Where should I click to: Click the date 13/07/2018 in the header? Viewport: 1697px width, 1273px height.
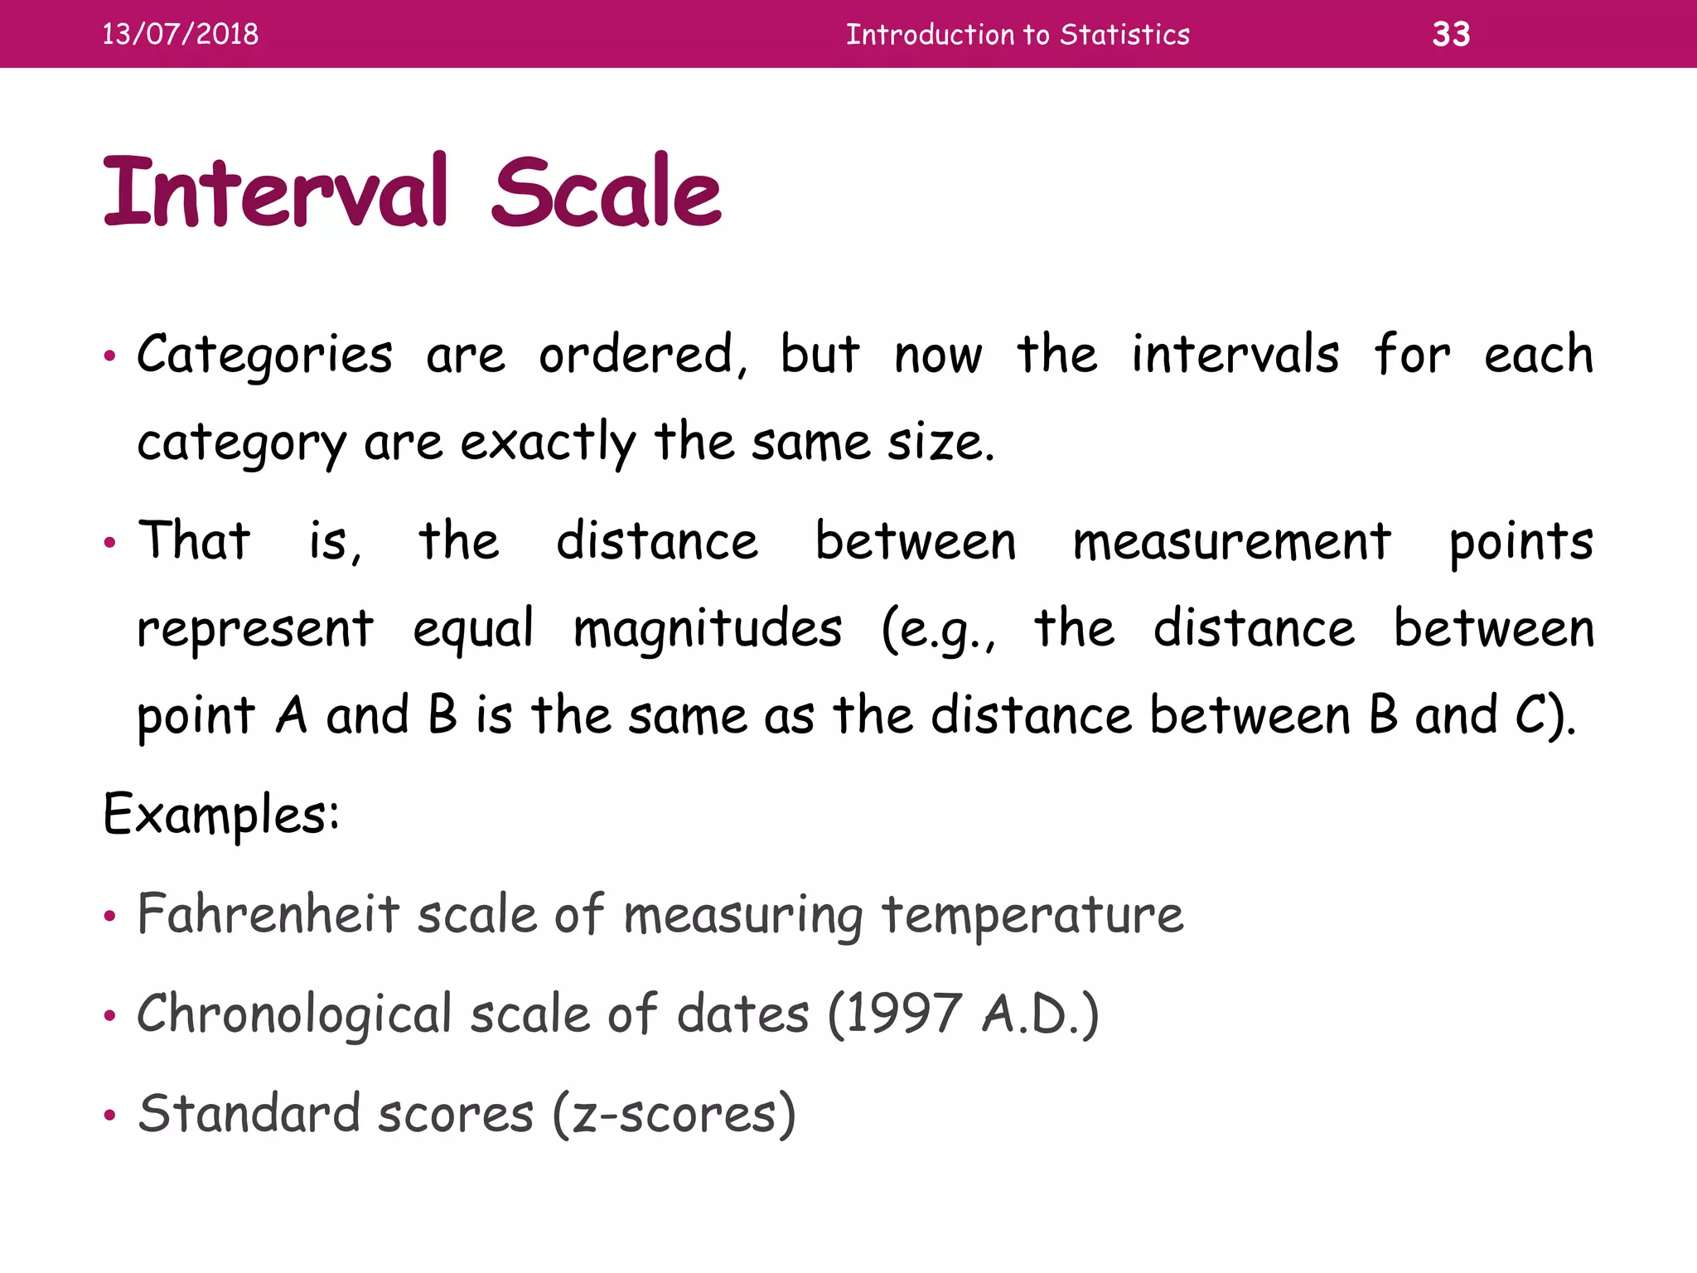point(180,34)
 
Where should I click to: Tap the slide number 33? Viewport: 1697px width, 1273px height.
point(1451,34)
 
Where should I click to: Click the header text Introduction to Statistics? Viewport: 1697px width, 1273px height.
point(1018,34)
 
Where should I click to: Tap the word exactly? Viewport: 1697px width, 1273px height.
point(548,443)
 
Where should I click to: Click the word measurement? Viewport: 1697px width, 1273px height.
point(1231,543)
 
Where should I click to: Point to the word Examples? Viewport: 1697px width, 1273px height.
point(220,815)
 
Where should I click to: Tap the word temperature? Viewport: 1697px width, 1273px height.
point(1032,916)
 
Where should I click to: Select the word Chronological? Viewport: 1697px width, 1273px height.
point(294,1014)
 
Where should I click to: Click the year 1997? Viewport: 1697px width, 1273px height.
point(903,1014)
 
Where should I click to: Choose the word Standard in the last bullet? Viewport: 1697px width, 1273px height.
point(249,1113)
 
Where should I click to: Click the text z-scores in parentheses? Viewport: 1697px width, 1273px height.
point(674,1115)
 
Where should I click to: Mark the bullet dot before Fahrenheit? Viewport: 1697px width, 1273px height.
point(109,917)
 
